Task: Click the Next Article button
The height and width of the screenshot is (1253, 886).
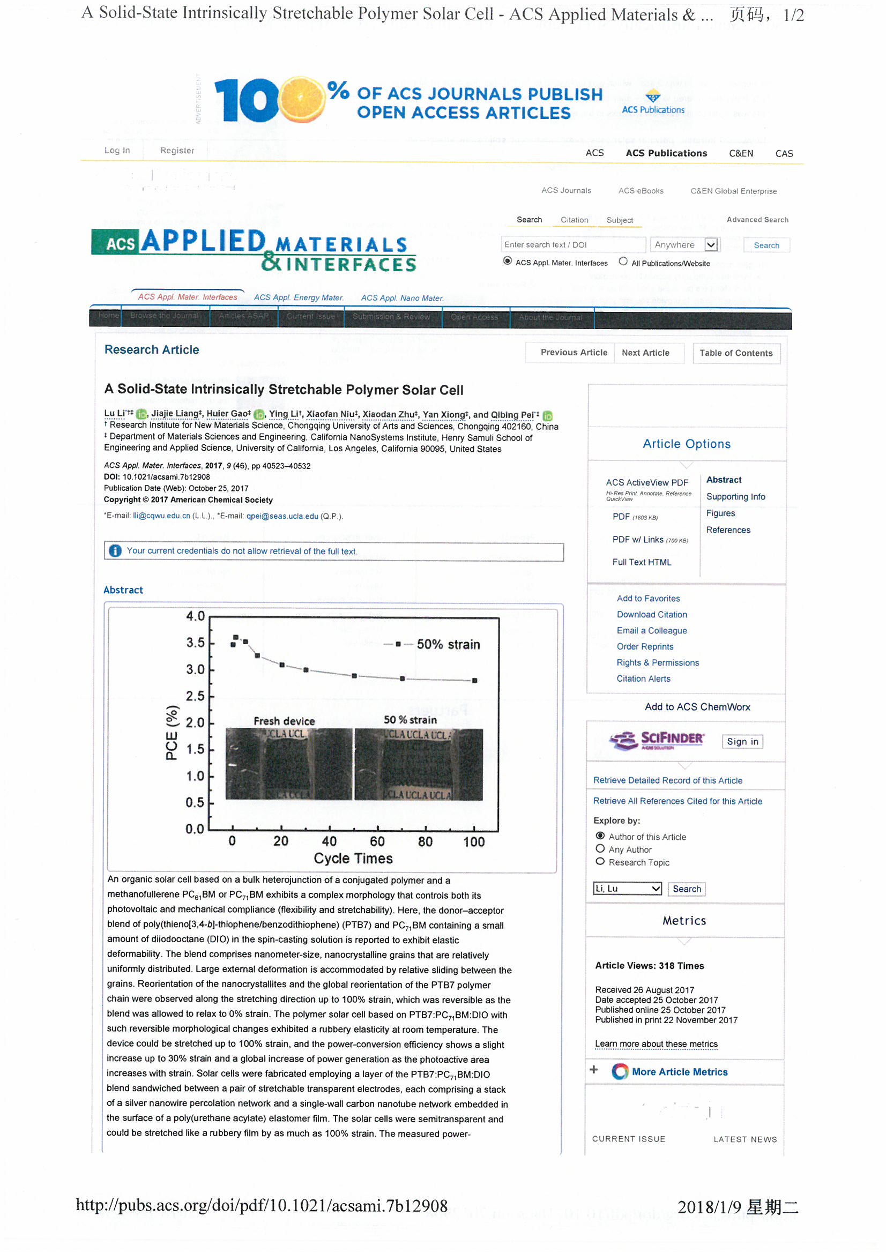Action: tap(645, 353)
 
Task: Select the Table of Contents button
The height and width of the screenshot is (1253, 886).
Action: tap(736, 353)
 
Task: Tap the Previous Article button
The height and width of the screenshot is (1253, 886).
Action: tap(573, 353)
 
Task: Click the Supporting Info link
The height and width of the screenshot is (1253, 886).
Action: tap(735, 497)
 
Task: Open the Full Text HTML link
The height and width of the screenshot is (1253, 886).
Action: tap(642, 562)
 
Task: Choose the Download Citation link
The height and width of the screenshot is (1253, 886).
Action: tap(652, 615)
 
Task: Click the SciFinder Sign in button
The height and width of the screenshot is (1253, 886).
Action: tap(742, 742)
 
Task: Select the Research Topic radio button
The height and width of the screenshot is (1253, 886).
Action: tap(600, 862)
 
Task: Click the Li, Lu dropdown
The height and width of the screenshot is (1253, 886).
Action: tap(627, 889)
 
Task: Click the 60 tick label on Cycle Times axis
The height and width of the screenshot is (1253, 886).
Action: tap(377, 842)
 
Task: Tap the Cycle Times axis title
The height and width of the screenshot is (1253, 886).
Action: tap(353, 859)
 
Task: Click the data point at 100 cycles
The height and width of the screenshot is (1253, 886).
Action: tap(474, 681)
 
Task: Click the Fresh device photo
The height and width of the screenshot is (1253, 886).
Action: tap(288, 764)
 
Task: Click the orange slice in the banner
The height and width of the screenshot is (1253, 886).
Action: tap(302, 99)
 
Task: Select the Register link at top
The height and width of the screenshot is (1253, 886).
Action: tap(177, 151)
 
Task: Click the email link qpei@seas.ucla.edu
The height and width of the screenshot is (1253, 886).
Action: tap(282, 516)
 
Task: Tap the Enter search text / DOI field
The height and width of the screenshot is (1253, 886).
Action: tap(573, 245)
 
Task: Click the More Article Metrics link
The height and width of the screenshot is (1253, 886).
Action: tap(679, 1072)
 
